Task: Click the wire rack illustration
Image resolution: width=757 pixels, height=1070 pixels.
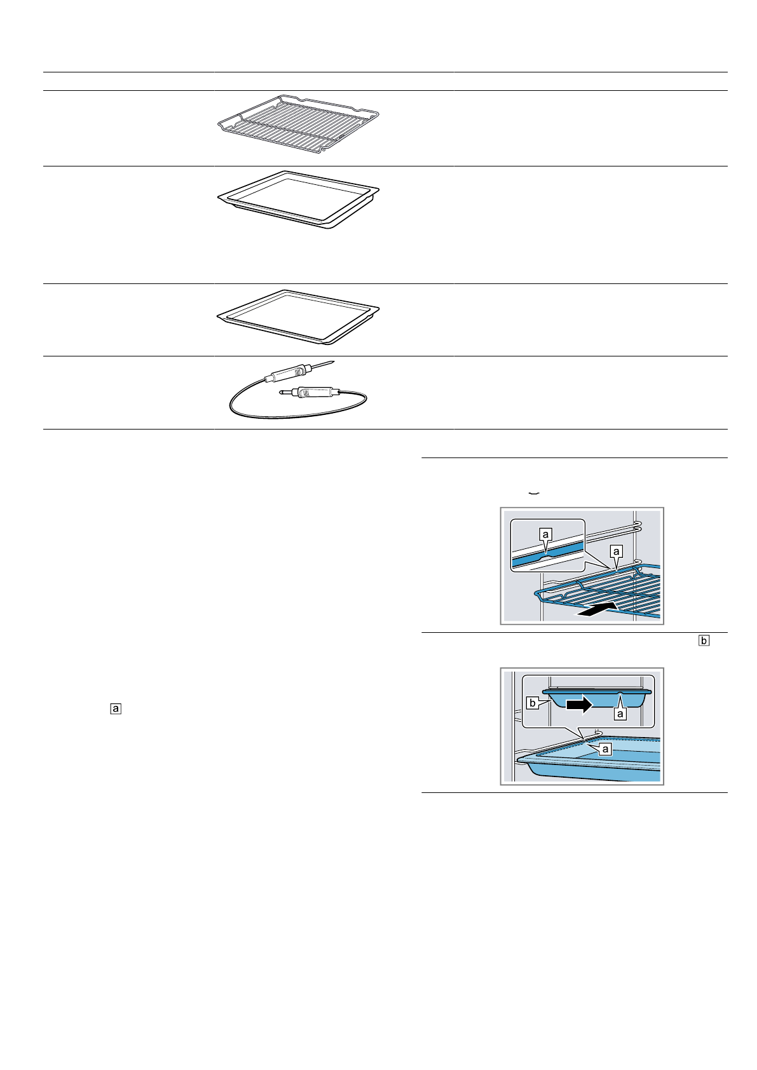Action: (297, 124)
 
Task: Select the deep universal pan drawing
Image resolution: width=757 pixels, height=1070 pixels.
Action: (297, 198)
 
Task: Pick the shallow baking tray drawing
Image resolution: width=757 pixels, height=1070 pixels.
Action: (297, 316)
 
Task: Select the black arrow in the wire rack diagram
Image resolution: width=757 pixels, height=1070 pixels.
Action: (596, 611)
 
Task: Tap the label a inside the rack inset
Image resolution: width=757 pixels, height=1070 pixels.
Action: (545, 535)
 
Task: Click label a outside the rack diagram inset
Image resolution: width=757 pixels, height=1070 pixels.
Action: (615, 550)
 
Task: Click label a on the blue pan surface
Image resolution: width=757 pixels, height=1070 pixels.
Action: (605, 749)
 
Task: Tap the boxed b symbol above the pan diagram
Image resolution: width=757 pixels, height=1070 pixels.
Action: (703, 640)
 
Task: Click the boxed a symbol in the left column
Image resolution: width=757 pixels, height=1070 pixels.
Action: (116, 707)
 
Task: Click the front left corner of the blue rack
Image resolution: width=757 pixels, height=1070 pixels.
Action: (540, 593)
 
